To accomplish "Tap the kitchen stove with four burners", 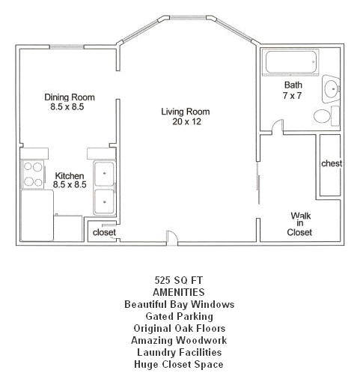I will pyautogui.click(x=33, y=174).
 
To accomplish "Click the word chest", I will pyautogui.click(x=331, y=163).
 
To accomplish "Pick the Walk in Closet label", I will pyautogui.click(x=300, y=223).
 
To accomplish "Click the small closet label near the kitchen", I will pyautogui.click(x=103, y=232).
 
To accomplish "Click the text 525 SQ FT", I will pyautogui.click(x=178, y=281).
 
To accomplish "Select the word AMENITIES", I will pyautogui.click(x=178, y=293).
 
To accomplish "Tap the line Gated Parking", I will pyautogui.click(x=178, y=317).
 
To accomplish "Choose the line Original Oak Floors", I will pyautogui.click(x=178, y=329).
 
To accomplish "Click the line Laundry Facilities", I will pyautogui.click(x=178, y=353).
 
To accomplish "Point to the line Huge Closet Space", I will pyautogui.click(x=178, y=365).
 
